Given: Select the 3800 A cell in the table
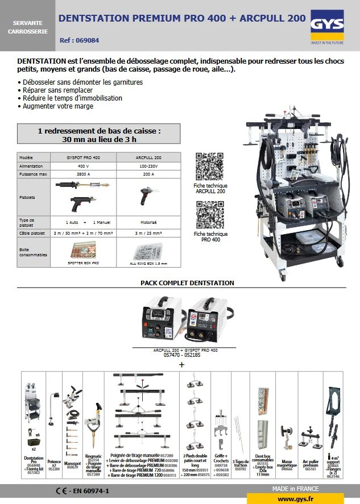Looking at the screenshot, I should click(83, 174).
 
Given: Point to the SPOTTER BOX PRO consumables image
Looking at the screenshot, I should click(83, 251).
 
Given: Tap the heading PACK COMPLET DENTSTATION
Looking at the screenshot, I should click(187, 283).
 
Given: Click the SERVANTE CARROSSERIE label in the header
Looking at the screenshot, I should click(27, 27).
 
